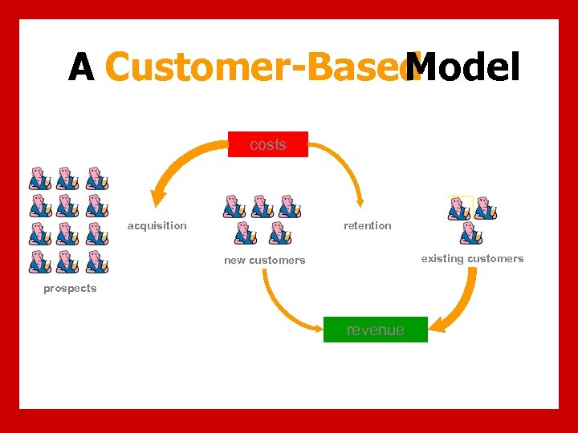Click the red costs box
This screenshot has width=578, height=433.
267,144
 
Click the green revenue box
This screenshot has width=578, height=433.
375,330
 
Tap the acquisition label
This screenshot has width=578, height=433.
157,225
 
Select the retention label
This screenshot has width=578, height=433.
367,225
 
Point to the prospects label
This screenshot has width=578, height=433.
70,289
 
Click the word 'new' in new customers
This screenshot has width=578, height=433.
234,260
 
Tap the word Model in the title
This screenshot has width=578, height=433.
463,67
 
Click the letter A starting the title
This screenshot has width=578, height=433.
81,67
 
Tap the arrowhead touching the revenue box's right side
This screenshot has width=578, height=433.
435,324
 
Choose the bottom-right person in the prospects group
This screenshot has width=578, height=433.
96,262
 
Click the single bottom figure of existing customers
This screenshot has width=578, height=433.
471,233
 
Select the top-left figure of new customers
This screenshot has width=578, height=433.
234,206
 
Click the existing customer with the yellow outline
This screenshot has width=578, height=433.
459,208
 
